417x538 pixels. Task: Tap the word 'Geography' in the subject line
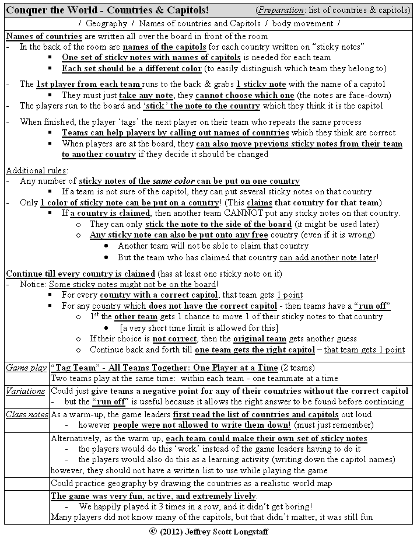106,23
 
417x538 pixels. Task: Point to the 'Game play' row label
25,368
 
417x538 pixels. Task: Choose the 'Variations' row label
26,390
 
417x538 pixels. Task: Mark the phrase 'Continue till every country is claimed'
80,274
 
